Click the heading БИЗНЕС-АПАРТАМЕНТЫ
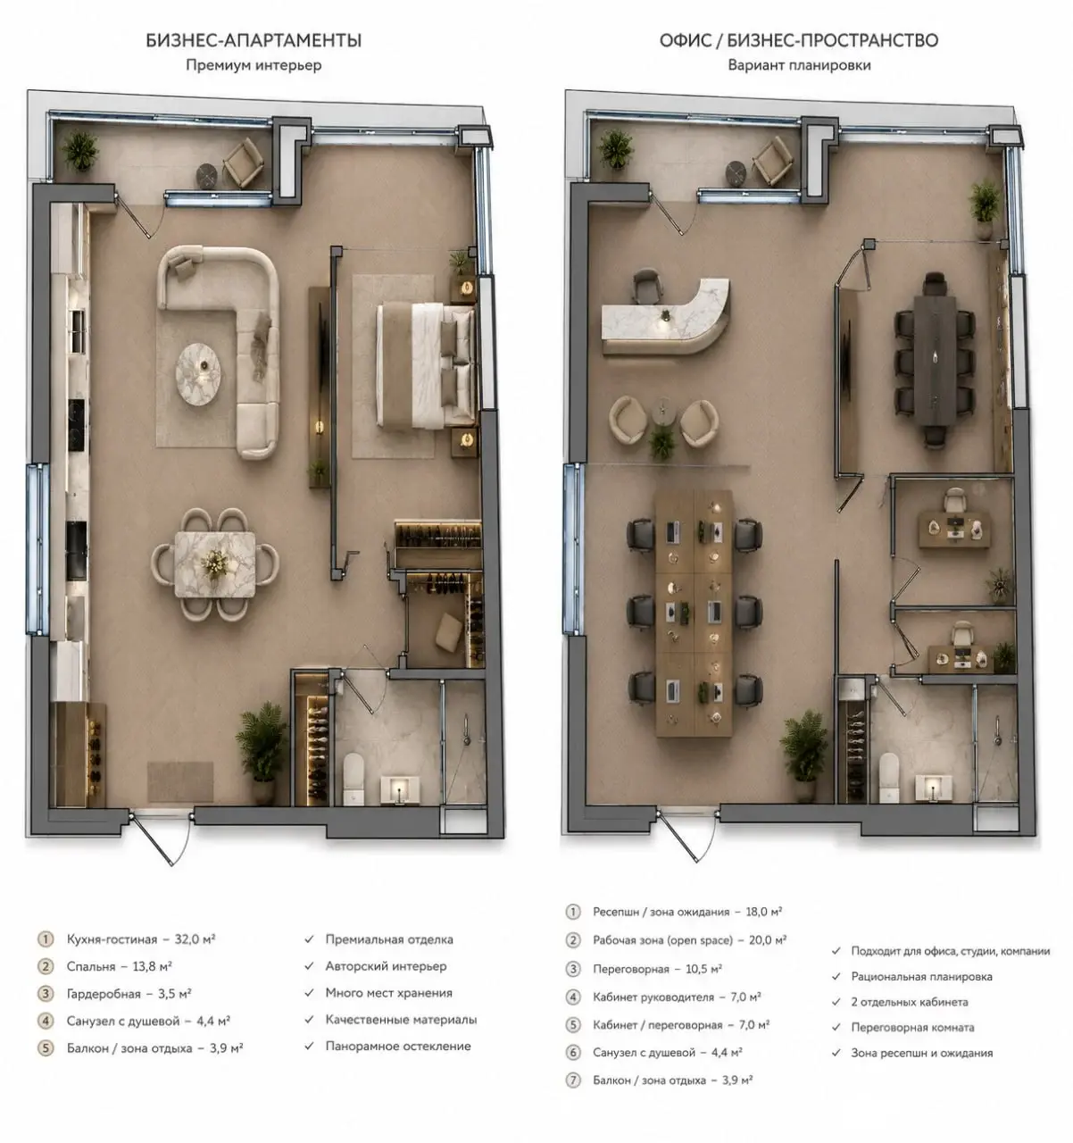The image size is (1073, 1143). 254,40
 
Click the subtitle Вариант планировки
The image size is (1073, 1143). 799,65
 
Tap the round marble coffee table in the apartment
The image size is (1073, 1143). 198,375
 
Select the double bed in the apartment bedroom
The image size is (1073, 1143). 425,367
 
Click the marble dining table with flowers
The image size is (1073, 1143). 214,564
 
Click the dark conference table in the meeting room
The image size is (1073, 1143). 935,360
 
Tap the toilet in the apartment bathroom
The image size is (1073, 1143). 354,779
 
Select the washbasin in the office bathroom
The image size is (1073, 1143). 934,788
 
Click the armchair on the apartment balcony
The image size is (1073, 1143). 244,163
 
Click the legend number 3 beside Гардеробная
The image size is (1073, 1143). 46,994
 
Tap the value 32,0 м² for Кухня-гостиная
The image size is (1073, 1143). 195,939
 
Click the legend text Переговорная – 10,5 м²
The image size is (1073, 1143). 657,969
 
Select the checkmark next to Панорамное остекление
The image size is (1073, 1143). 309,1046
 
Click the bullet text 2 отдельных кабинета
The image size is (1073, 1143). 910,1002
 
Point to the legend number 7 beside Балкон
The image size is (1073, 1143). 572,1080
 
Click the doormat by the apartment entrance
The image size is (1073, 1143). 180,781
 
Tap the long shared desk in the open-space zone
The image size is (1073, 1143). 695,613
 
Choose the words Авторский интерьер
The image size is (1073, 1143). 386,966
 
